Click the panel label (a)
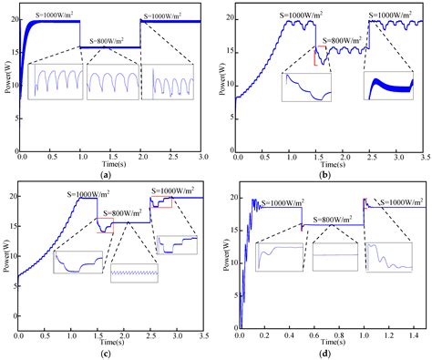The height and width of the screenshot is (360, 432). pyautogui.click(x=106, y=173)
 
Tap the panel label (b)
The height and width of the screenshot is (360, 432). pyautogui.click(x=322, y=173)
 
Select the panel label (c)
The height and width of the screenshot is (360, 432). pyautogui.click(x=106, y=353)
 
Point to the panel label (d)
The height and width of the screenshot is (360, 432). pyautogui.click(x=322, y=353)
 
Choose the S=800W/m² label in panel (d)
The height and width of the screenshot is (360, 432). pyautogui.click(x=331, y=219)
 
